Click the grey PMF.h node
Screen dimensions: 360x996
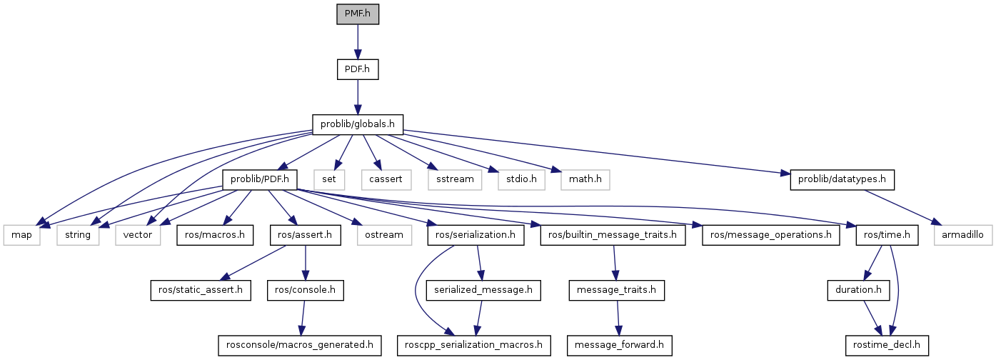(x=358, y=14)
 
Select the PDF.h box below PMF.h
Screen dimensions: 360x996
(x=358, y=69)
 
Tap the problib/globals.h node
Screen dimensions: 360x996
(x=358, y=124)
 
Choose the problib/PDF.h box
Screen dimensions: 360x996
(x=260, y=179)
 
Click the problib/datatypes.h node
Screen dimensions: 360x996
(x=842, y=179)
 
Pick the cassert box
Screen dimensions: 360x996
(x=386, y=179)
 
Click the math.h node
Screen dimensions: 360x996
(x=585, y=179)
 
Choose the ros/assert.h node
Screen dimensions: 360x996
(x=305, y=234)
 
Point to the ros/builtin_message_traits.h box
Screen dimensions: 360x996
(x=613, y=234)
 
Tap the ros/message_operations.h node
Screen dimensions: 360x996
(x=771, y=234)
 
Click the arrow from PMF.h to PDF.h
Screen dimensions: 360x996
(x=358, y=41)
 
